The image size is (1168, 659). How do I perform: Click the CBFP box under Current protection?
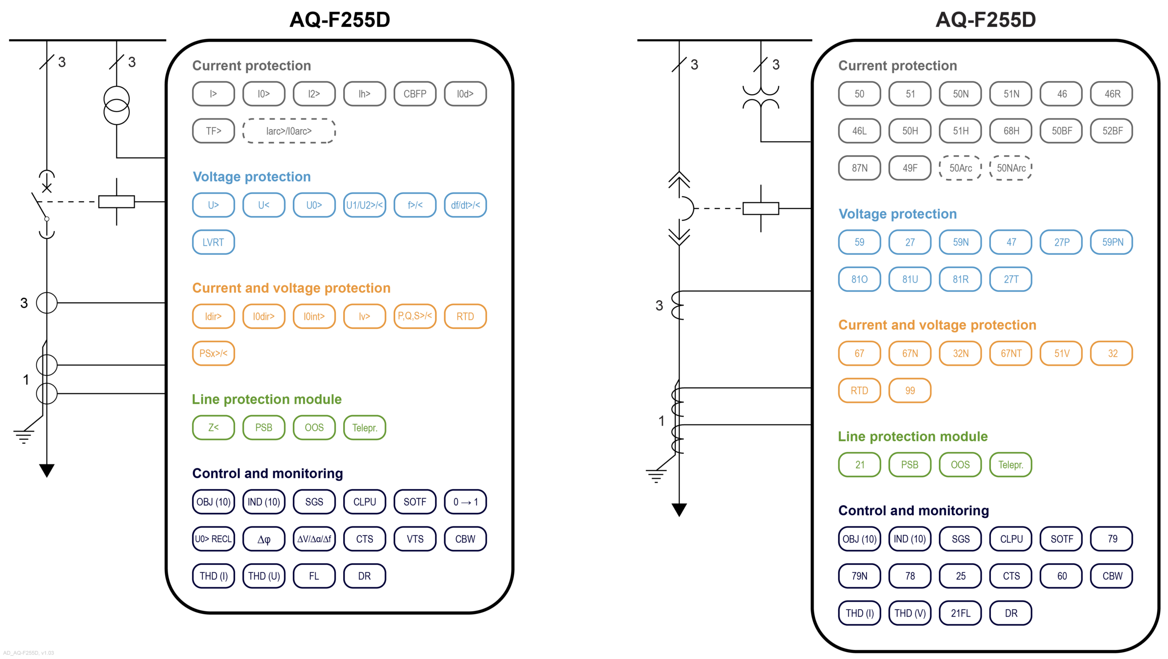414,94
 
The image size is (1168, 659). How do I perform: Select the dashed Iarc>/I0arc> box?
289,131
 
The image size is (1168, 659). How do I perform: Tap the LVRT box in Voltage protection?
213,242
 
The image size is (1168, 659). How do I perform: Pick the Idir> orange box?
213,316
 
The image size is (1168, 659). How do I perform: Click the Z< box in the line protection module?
213,427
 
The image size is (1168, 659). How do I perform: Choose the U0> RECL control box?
213,539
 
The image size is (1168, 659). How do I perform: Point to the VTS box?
414,539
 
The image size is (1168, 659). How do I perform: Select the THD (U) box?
264,576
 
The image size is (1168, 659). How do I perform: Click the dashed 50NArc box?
1011,168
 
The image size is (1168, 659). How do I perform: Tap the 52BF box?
1112,131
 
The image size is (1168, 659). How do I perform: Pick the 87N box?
859,168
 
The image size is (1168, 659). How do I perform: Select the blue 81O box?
859,279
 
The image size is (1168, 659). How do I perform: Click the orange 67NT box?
1011,353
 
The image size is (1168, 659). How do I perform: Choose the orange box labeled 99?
910,390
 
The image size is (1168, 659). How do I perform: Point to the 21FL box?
960,613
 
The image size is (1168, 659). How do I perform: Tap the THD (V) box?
910,613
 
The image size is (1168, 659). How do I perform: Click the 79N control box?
859,576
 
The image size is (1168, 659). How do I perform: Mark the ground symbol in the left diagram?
23,436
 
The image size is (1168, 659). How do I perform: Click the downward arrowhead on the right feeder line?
679,509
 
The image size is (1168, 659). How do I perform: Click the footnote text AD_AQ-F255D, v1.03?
28,653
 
